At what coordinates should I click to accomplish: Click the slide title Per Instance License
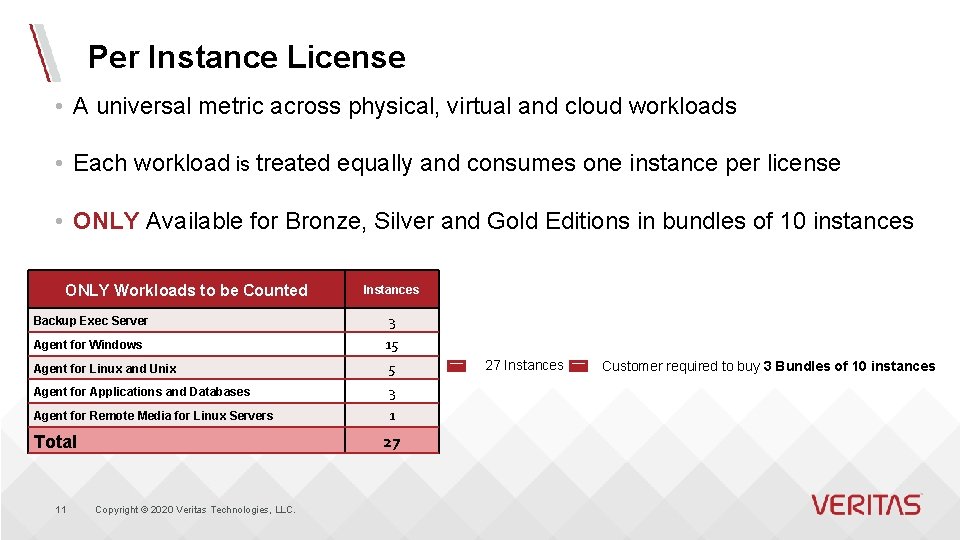coord(246,58)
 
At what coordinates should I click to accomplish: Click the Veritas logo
coord(866,504)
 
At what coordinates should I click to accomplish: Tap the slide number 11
coord(61,510)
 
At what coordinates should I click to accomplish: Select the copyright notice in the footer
coord(195,510)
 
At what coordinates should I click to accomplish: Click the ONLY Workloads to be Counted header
coord(186,290)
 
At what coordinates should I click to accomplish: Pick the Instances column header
coord(391,290)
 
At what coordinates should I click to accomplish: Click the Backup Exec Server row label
coord(90,321)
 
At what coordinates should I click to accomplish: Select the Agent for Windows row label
coord(88,345)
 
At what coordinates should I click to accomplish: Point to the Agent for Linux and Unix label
coord(105,369)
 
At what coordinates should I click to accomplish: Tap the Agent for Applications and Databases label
coord(142,392)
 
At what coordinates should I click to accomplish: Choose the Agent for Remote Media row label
coord(153,416)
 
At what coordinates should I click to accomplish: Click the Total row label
coord(55,442)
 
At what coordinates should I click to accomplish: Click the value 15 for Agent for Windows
coord(391,346)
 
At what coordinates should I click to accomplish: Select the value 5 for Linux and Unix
coord(391,370)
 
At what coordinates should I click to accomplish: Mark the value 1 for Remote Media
coord(391,416)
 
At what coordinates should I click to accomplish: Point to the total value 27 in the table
coord(391,442)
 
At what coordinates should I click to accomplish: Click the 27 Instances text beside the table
coord(524,365)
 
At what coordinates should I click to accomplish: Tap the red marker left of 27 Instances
coord(456,366)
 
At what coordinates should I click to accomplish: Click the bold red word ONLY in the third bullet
coord(106,221)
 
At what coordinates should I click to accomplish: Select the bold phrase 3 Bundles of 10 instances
coord(849,366)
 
